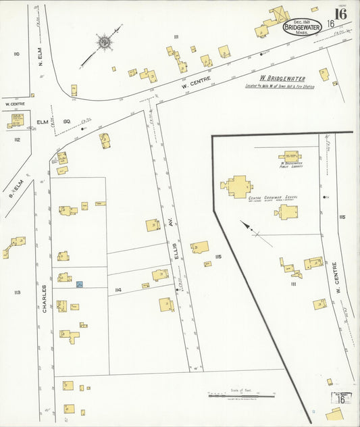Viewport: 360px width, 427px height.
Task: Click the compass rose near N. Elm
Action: (104, 43)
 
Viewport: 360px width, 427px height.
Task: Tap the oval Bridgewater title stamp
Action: (302, 28)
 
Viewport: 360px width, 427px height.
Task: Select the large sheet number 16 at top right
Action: (341, 13)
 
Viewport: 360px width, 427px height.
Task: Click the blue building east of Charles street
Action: (79, 286)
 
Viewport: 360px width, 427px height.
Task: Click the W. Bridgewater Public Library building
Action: (290, 156)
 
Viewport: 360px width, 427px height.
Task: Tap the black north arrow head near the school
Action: (244, 224)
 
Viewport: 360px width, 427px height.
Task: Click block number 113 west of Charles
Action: (16, 292)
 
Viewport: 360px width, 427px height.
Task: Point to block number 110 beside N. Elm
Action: (16, 54)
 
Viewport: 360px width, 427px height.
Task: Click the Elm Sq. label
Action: (54, 122)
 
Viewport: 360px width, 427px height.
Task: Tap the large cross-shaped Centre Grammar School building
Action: (238, 186)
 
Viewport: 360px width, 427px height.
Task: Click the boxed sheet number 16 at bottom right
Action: (341, 399)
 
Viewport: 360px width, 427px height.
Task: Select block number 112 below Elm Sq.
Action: (16, 140)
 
